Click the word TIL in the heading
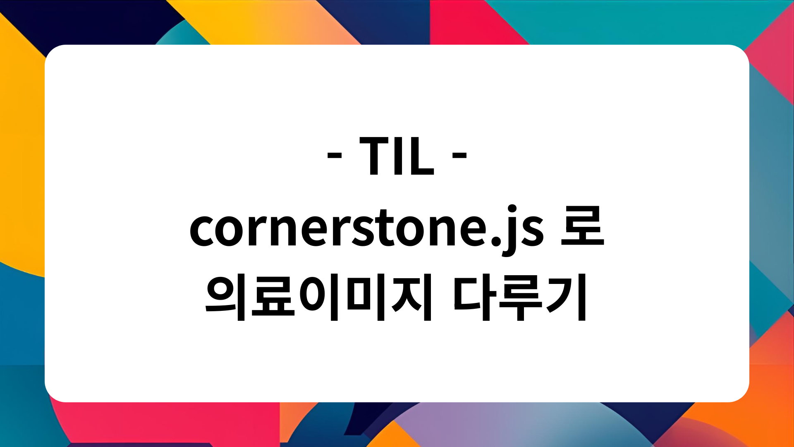click(397, 156)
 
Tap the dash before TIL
click(335, 156)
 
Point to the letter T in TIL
click(375, 156)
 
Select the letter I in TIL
click(398, 156)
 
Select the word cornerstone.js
click(366, 229)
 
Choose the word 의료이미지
click(319, 297)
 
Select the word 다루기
click(519, 297)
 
